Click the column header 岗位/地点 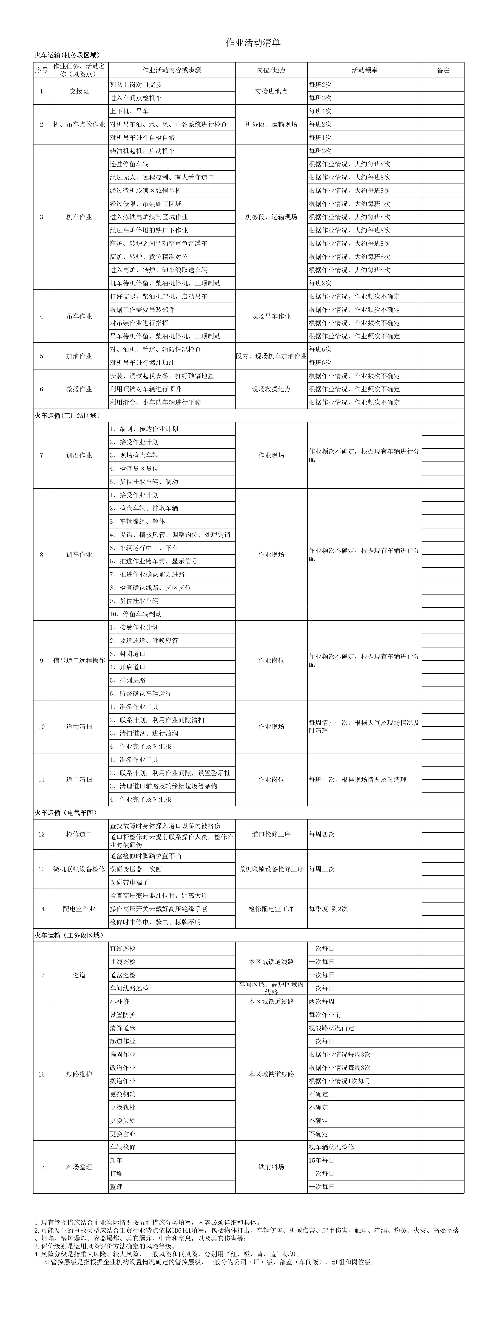271,70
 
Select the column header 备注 443,70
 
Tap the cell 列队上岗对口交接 136,85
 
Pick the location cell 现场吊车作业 271,316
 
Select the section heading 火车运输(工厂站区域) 67,415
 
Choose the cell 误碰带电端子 129,883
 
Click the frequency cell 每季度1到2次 328,909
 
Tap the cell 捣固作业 123,1054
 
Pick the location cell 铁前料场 271,1167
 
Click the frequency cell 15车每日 322,1160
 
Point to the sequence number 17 42,1167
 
